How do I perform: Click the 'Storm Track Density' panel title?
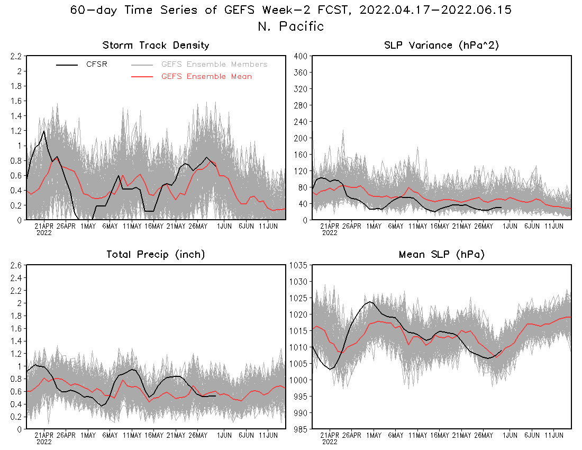[x=156, y=46]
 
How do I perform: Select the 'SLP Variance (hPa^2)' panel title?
[x=442, y=46]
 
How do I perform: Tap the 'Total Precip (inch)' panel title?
[x=156, y=255]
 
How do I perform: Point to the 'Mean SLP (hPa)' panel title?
[x=442, y=255]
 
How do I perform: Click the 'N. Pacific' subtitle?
[x=290, y=26]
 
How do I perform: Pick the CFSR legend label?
[x=97, y=65]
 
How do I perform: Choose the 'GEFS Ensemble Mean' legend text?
[x=206, y=77]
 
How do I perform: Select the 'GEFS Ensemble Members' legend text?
[x=214, y=65]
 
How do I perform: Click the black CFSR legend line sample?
[x=67, y=65]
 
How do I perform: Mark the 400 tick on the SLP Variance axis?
[x=301, y=56]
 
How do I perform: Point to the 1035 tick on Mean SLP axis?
[x=299, y=265]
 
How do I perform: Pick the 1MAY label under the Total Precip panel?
[x=88, y=435]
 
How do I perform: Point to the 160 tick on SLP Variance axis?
[x=301, y=155]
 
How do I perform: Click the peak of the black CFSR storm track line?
[x=43, y=131]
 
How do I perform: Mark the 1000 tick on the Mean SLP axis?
[x=299, y=380]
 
